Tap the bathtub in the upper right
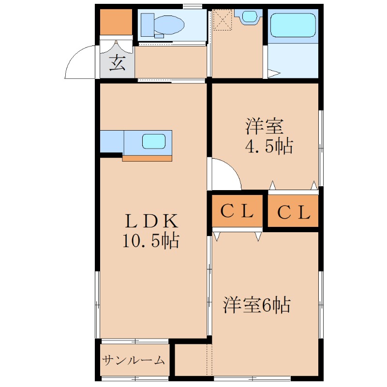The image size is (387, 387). point(293,25)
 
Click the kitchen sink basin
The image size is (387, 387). point(154,142)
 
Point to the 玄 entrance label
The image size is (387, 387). point(117,63)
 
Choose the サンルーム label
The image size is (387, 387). point(134,360)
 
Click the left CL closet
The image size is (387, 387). point(238,211)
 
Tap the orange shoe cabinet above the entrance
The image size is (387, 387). point(116,22)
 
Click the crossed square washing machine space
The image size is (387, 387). point(223,20)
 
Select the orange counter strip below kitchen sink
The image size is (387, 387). point(147,158)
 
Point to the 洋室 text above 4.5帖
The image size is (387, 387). point(264,127)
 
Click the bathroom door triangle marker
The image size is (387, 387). point(273,74)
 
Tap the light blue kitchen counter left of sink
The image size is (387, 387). point(112,142)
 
